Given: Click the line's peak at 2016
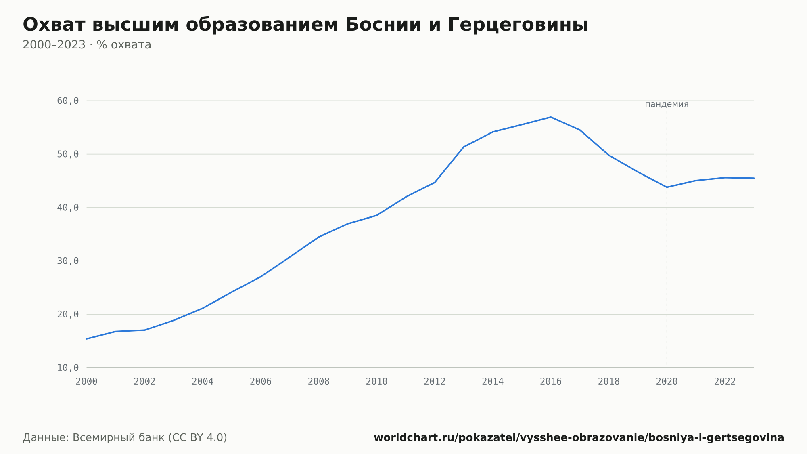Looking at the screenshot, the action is coord(551,117).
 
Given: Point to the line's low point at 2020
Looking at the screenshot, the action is coord(667,187).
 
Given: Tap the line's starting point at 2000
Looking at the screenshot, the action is coord(87,339).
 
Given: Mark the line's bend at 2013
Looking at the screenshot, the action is coord(464,147).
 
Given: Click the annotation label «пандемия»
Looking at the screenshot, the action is coord(667,104).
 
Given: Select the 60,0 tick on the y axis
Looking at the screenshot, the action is coord(68,101).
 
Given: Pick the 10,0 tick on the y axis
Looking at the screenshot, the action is coord(68,368).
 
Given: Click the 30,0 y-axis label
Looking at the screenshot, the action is coord(68,261).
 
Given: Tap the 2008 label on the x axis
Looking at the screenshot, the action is coord(319,382).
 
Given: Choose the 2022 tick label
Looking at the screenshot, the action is coord(725,382).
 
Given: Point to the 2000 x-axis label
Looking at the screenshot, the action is coord(87,382).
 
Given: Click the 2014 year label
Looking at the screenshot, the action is coord(493,382).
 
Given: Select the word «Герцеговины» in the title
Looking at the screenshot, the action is coord(518,25).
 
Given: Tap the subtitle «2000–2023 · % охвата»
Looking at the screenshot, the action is coord(87,45).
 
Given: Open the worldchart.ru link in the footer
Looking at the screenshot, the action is coord(579,437).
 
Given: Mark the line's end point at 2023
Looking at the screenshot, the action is coord(754,178).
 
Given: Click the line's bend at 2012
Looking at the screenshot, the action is coord(435,183).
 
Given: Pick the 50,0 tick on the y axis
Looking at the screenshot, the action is coord(68,154).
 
